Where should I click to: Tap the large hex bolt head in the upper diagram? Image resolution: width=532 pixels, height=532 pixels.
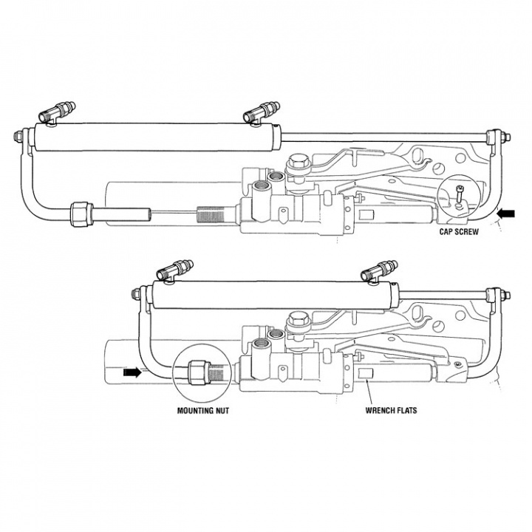point(299,160)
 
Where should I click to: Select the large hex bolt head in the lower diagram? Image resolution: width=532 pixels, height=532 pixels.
point(299,319)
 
